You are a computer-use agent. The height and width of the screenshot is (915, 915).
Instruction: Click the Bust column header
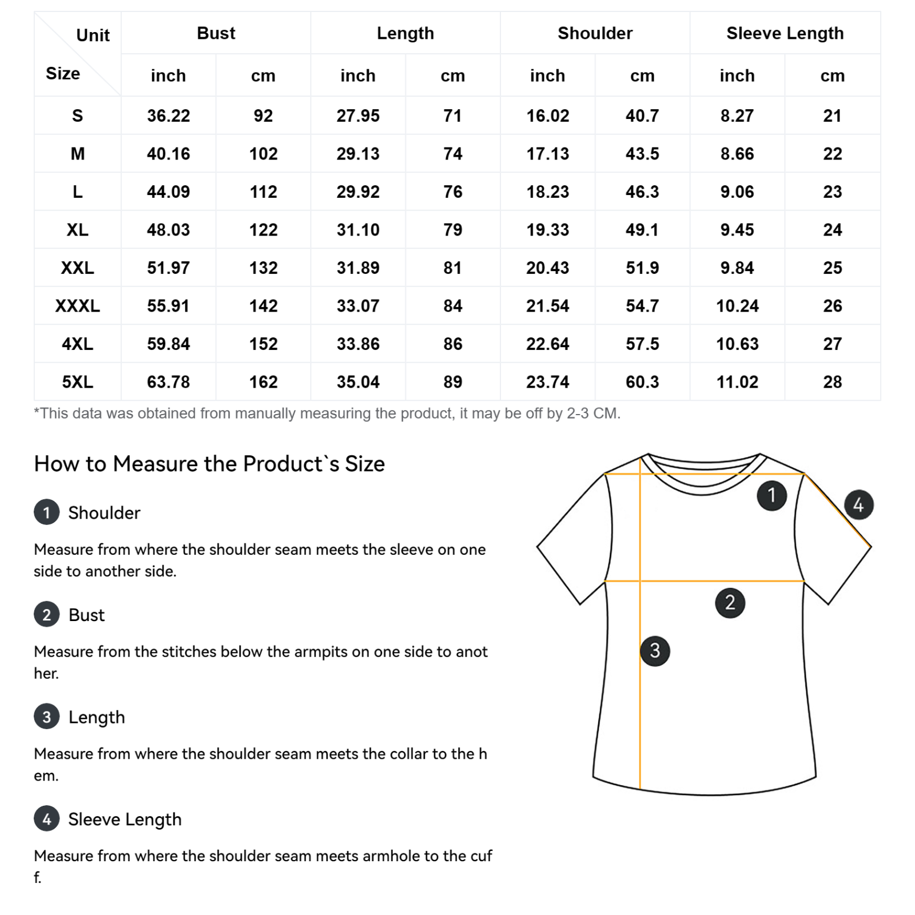(x=216, y=33)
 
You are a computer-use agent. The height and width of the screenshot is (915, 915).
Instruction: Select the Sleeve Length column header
(x=785, y=33)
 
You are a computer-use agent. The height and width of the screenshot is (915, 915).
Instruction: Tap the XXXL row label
(x=77, y=306)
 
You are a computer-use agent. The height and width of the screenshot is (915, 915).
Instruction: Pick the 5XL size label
(x=77, y=382)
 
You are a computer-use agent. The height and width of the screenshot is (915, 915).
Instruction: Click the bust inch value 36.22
(x=168, y=116)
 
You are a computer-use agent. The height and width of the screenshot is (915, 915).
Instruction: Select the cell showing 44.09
(x=168, y=192)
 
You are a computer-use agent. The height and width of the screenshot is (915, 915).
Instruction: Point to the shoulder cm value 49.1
(x=642, y=230)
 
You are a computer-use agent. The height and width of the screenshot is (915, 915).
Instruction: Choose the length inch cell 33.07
(x=357, y=306)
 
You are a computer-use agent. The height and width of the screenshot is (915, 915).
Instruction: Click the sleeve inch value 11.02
(x=737, y=382)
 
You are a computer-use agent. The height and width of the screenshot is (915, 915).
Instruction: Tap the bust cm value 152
(x=263, y=344)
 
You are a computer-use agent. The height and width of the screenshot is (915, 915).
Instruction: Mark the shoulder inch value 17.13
(x=547, y=154)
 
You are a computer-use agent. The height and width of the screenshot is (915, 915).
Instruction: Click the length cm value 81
(x=452, y=268)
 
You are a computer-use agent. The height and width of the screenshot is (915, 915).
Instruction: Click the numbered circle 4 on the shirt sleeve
(x=858, y=504)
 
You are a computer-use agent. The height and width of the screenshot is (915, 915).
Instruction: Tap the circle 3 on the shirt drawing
(x=655, y=650)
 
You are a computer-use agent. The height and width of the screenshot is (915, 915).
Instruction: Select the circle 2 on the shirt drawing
(x=730, y=602)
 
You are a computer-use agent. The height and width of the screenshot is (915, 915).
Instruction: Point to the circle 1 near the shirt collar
(x=771, y=495)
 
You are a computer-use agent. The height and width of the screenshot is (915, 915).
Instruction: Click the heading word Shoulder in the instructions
(x=104, y=513)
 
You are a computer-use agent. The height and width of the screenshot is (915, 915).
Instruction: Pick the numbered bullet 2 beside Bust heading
(x=47, y=615)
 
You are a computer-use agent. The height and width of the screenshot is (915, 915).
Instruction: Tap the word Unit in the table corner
(x=93, y=35)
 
